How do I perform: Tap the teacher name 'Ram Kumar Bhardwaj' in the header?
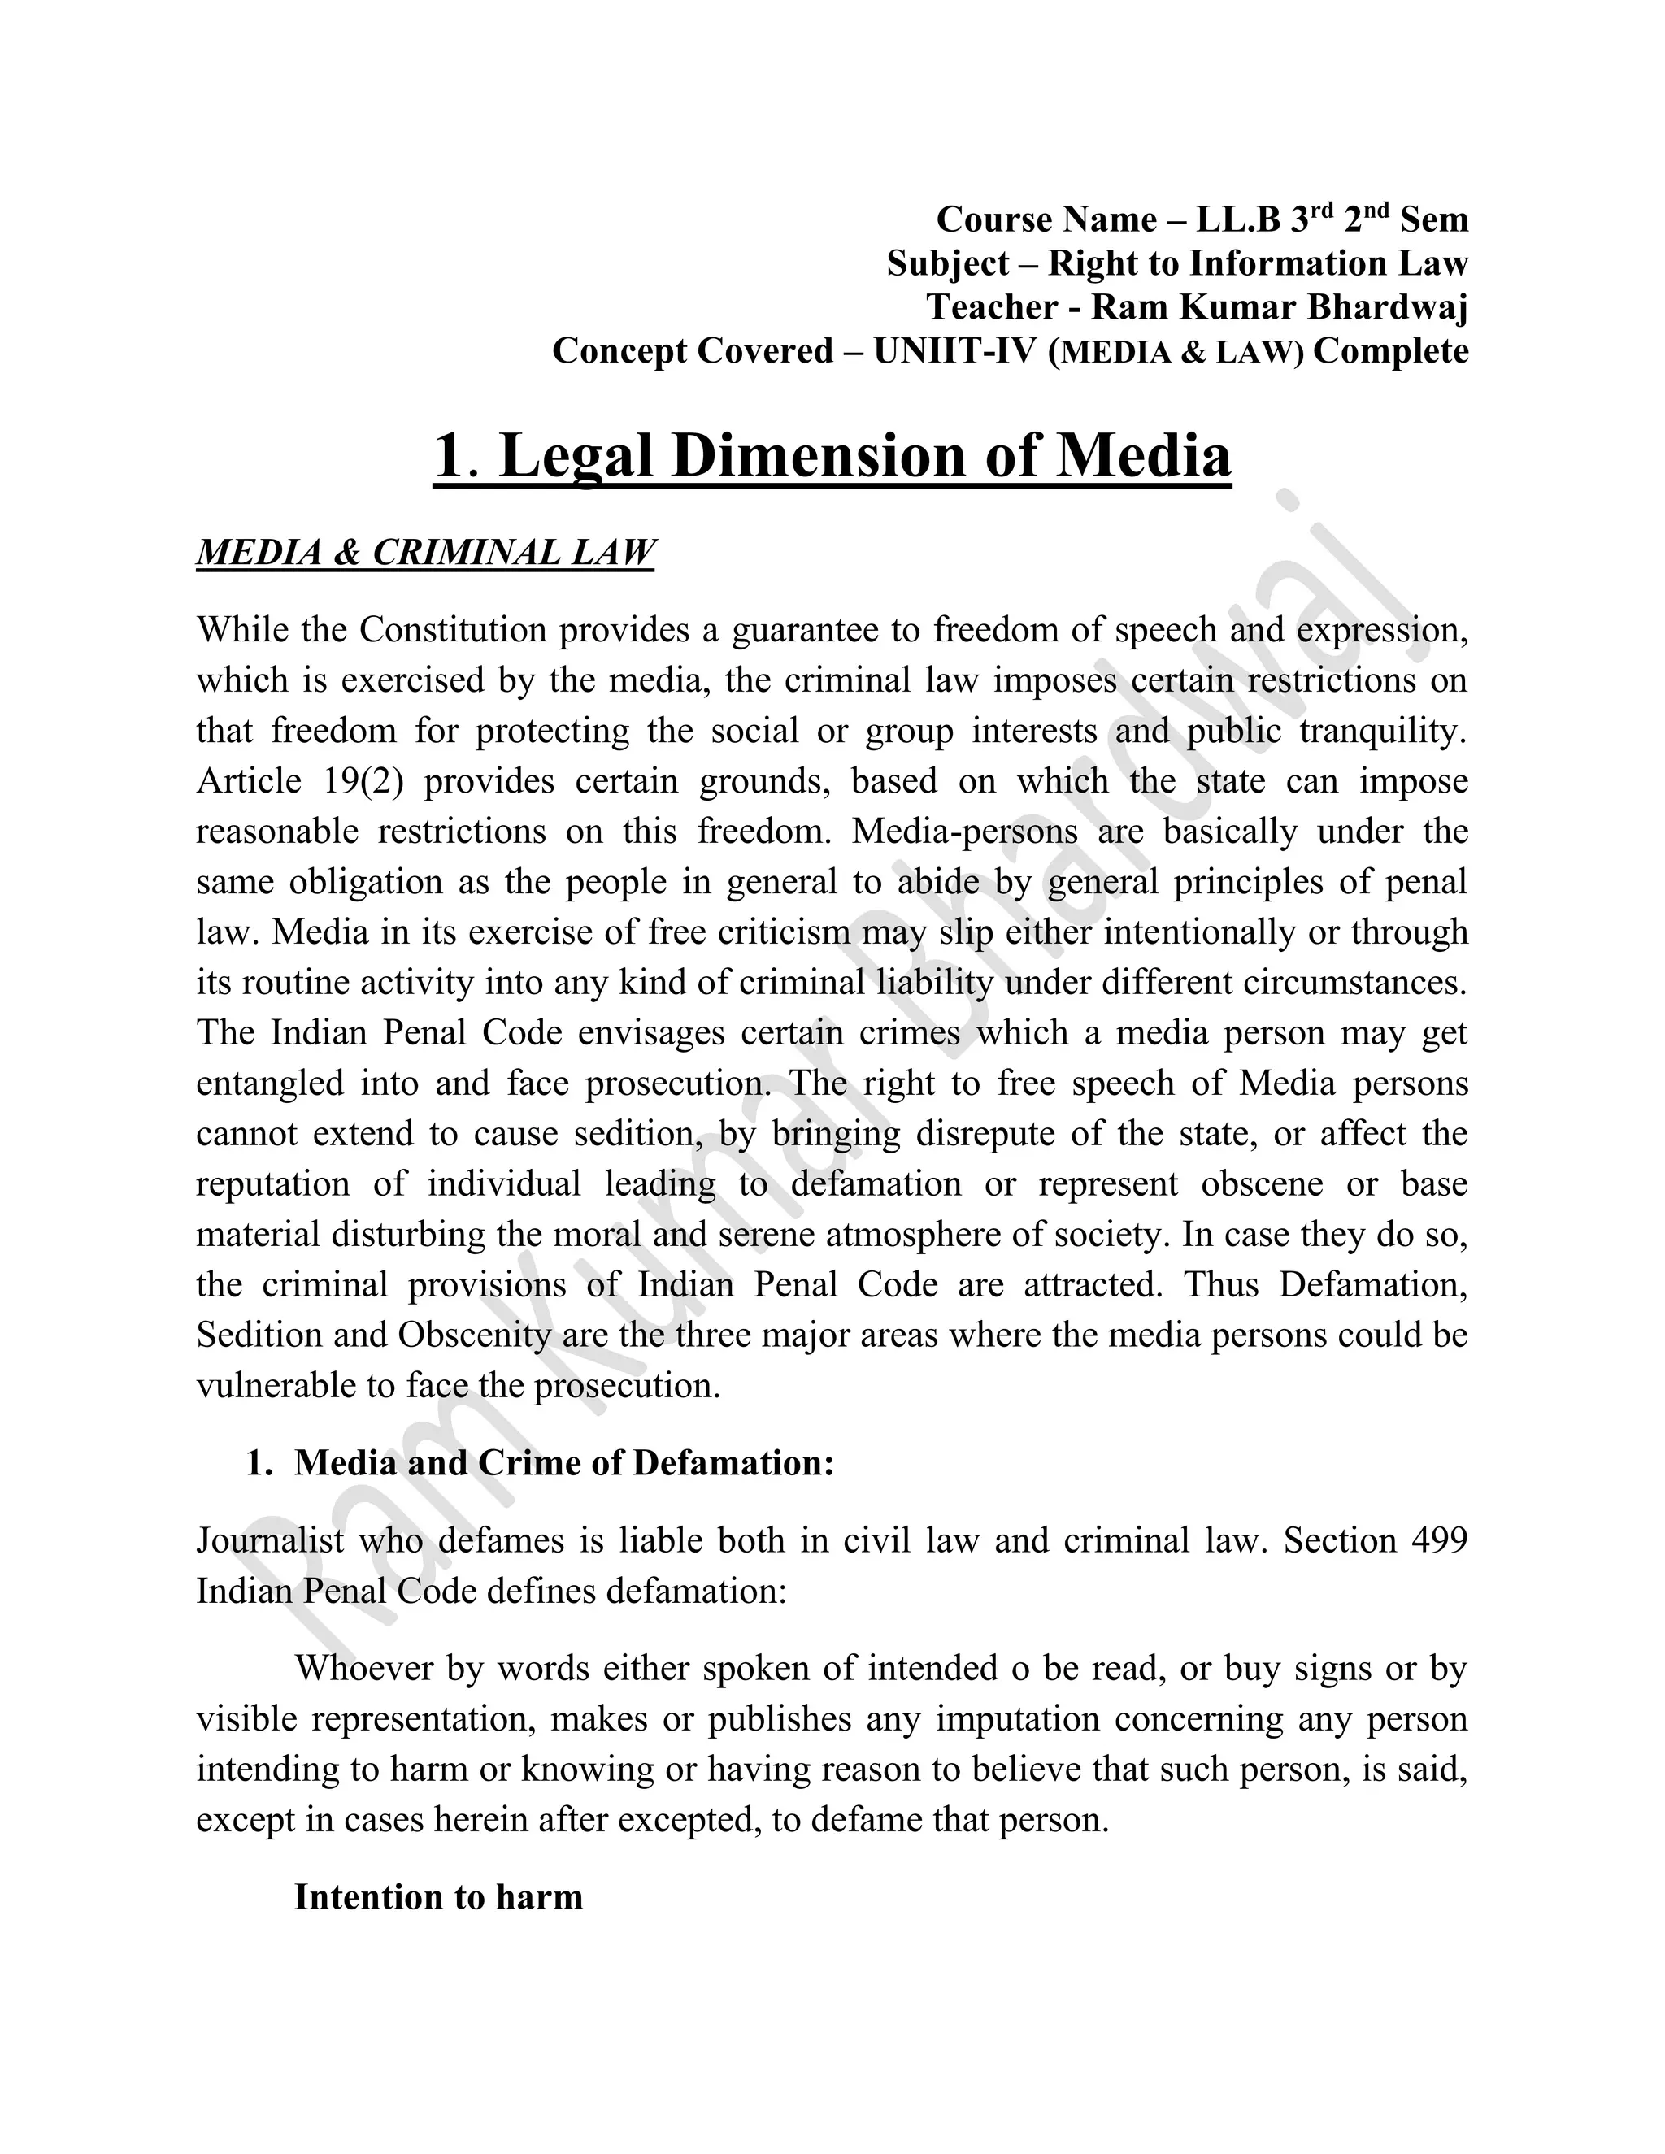coord(1280,308)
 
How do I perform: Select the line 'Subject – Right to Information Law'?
coord(1176,263)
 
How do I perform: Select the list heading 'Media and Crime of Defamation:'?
coord(564,1462)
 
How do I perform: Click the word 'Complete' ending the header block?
coord(1391,351)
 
